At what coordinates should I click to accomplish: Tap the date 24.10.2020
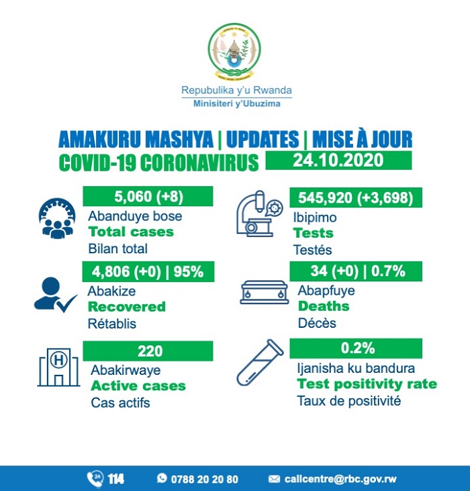click(x=338, y=161)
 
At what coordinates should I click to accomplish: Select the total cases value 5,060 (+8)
click(x=148, y=197)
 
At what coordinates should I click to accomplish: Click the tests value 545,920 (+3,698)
click(x=356, y=197)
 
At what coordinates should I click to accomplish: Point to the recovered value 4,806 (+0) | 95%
click(x=148, y=272)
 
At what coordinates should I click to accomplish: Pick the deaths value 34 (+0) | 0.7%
click(x=356, y=272)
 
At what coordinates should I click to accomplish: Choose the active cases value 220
click(x=148, y=350)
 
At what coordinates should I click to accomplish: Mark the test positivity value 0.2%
click(x=356, y=349)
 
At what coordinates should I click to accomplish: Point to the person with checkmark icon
click(x=54, y=294)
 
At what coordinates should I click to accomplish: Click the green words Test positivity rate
click(x=367, y=384)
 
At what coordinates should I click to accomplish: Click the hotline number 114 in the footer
click(x=115, y=479)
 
